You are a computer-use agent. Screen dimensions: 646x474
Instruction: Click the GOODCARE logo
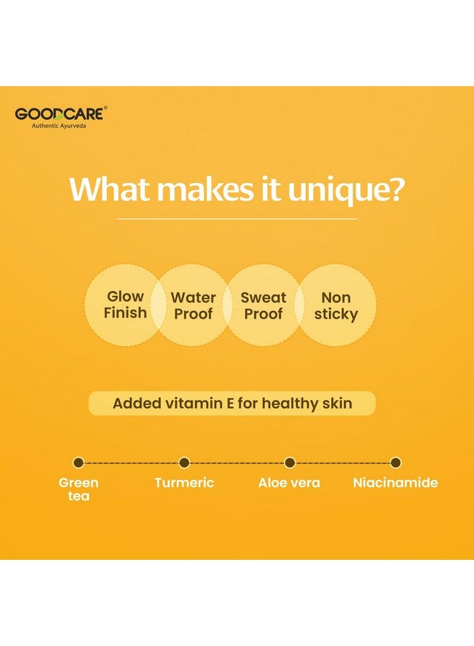tap(61, 113)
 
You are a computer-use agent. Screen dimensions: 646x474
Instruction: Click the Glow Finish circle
tap(125, 305)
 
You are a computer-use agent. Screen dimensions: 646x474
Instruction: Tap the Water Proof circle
tap(193, 306)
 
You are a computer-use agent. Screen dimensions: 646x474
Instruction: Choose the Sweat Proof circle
tap(263, 306)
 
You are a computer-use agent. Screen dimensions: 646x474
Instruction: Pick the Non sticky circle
tap(335, 306)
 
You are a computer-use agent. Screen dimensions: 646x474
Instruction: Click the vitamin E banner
tap(232, 403)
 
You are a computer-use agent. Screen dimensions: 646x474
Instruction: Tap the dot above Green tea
tap(78, 463)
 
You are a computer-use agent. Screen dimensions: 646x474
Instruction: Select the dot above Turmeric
tap(184, 463)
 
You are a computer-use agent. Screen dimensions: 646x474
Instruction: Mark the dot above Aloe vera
tap(289, 463)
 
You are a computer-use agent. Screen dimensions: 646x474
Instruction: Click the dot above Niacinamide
tap(395, 463)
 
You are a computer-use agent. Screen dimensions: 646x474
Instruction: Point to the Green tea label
tap(78, 489)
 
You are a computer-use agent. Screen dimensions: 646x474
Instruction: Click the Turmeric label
tap(184, 483)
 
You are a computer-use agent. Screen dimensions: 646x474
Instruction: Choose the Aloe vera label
tap(289, 483)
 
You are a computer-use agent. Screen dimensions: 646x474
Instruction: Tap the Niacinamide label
tap(395, 483)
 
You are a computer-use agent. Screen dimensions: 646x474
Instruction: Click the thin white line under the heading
tap(237, 218)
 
